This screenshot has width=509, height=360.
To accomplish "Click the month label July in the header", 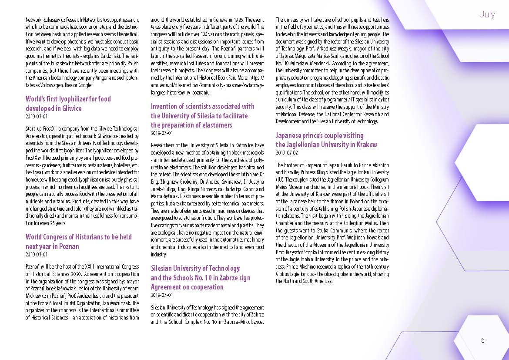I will (487, 14).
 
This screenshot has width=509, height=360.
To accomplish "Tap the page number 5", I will (483, 340).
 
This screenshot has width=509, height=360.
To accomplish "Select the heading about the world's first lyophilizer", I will (68, 104).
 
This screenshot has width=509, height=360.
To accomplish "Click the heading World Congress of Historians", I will (78, 242).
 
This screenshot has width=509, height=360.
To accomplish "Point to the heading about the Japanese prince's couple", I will (326, 140).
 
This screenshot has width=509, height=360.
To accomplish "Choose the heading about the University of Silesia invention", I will (202, 115).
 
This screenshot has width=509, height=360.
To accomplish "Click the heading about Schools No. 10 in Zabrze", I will (201, 277).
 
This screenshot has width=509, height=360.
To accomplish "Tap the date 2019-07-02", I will (287, 153).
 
